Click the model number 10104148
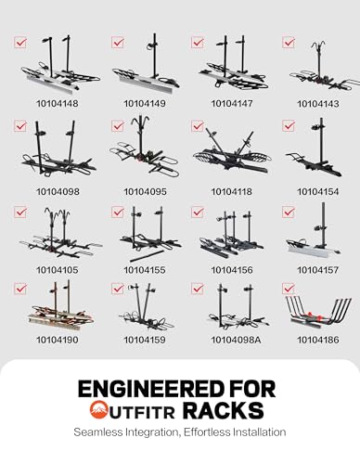[58, 103]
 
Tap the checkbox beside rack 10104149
[118, 43]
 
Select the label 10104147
[232, 103]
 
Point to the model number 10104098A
[236, 340]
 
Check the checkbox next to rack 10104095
[118, 126]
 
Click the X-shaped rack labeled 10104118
[232, 151]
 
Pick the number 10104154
[318, 191]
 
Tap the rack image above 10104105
[60, 235]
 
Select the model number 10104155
[145, 270]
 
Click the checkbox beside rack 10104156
[198, 213]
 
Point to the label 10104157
[318, 270]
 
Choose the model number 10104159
[145, 340]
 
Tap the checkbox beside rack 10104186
[289, 289]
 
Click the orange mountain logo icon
[98, 409]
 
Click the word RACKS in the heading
[223, 410]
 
